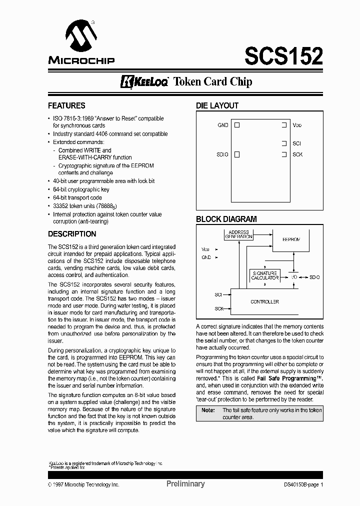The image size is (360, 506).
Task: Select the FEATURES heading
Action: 66,106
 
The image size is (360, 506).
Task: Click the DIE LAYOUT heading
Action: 217,106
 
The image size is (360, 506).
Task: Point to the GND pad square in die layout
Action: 237,125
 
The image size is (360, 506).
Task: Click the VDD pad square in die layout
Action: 284,125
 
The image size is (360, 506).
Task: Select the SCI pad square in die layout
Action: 284,143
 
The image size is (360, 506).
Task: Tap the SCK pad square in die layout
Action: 284,154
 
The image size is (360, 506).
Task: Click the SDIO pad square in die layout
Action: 237,154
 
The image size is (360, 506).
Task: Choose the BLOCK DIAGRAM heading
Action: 226,219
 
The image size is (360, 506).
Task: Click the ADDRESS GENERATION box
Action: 238,234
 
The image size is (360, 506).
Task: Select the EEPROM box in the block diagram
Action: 291,240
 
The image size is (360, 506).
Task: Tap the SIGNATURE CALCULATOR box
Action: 265,275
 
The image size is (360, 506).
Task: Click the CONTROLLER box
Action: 265,301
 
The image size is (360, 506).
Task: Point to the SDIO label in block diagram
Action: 314,277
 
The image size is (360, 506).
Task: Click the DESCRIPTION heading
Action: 72,234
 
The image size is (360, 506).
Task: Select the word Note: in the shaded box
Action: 208,410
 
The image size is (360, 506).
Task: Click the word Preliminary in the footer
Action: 185,483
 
